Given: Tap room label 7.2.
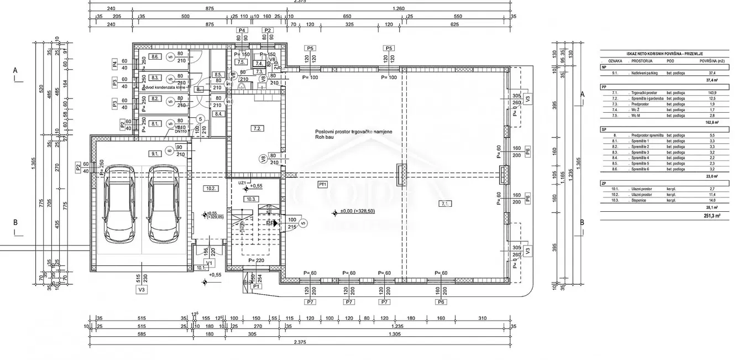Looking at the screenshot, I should coord(257,128).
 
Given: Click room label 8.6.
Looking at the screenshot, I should coord(155,57).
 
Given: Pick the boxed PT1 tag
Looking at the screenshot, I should coord(323,184).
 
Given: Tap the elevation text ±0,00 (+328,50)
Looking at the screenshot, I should coord(358,212).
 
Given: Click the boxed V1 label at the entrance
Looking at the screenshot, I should coord(209,263).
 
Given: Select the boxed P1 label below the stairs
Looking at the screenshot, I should coord(256,286).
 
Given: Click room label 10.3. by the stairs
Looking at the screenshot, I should coord(252,199).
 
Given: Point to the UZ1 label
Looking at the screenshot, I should coord(242,182).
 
